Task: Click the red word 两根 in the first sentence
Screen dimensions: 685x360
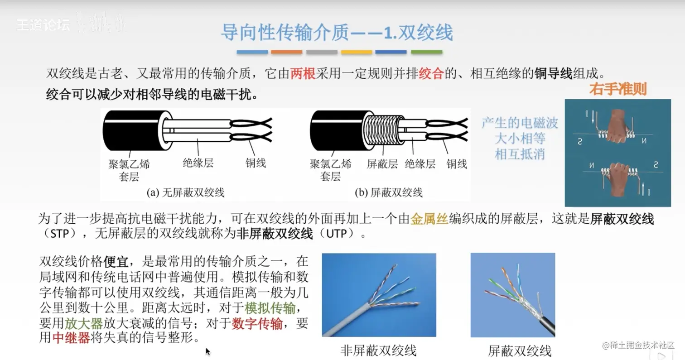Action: (303, 73)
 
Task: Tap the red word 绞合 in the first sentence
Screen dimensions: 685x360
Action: (431, 73)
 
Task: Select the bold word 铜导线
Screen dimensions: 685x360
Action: (553, 73)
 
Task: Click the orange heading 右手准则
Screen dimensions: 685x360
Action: (618, 89)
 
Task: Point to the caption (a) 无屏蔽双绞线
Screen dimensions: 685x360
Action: (185, 192)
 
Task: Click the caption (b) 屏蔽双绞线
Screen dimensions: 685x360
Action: (388, 192)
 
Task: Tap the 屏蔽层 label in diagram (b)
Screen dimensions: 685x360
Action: (382, 164)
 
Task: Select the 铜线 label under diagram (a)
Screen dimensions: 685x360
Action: (256, 163)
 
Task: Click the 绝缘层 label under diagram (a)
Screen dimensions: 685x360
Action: (198, 163)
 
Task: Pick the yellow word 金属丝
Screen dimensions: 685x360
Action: (429, 219)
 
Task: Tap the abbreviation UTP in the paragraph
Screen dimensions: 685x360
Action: (336, 234)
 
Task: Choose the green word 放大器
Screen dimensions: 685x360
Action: (83, 323)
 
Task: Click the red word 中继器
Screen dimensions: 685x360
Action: (71, 338)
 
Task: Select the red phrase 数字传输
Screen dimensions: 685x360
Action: (257, 323)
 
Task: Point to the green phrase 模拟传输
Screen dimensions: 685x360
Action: (270, 308)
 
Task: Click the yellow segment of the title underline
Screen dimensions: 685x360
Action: (357, 52)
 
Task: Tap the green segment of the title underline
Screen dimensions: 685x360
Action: (427, 52)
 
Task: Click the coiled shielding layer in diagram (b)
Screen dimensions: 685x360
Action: (383, 131)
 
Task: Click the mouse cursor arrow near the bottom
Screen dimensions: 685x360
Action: (207, 351)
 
